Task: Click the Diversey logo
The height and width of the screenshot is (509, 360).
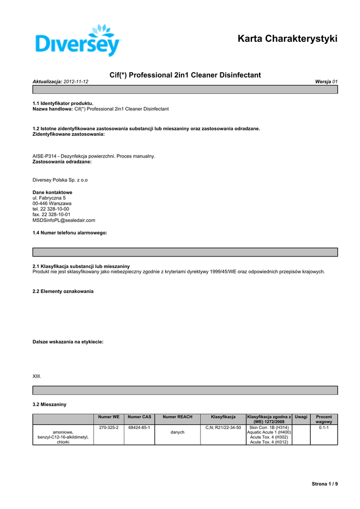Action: click(79, 41)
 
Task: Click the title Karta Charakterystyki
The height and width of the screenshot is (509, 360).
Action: click(287, 38)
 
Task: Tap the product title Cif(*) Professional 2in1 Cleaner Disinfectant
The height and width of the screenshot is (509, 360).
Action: click(184, 75)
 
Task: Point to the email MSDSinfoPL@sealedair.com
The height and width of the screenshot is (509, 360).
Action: click(64, 220)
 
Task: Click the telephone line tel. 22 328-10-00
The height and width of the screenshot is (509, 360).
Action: click(51, 209)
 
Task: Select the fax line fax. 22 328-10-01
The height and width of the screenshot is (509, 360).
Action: click(51, 214)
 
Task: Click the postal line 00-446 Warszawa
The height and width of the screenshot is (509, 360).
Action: click(52, 203)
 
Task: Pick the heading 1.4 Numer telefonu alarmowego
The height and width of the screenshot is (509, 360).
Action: click(70, 233)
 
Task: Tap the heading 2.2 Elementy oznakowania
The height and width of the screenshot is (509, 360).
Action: click(63, 291)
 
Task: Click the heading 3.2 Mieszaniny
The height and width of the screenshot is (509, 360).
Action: click(49, 405)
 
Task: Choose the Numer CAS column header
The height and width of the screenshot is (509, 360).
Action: click(139, 417)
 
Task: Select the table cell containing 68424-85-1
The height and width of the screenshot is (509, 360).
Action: click(139, 427)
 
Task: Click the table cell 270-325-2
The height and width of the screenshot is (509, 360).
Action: click(108, 427)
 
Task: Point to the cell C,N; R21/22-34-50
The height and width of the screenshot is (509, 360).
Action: click(223, 427)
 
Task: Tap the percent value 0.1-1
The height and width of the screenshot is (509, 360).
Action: click(324, 427)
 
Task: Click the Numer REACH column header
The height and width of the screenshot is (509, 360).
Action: click(178, 417)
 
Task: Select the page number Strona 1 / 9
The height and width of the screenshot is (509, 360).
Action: click(325, 484)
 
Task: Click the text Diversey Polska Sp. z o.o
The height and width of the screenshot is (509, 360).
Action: click(60, 180)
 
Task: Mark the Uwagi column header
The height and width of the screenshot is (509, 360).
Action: click(301, 417)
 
